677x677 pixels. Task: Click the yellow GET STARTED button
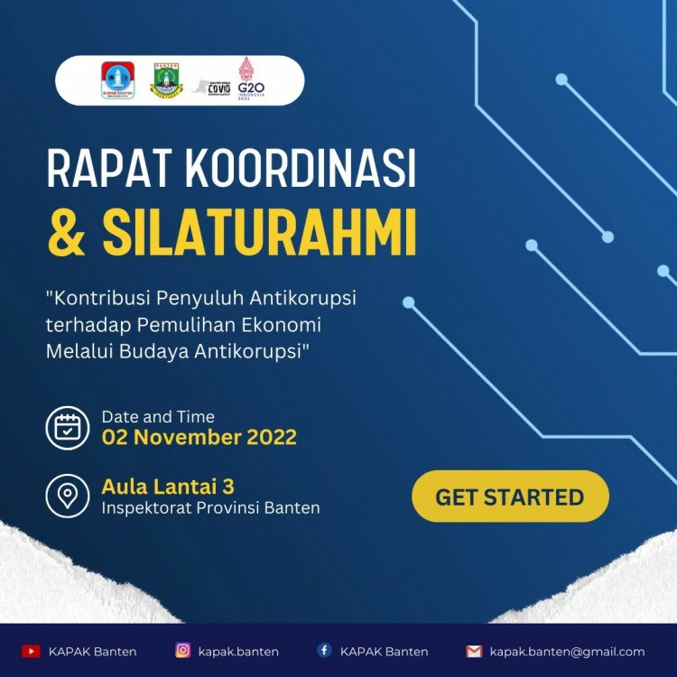point(510,496)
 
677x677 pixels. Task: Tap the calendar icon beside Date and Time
point(68,427)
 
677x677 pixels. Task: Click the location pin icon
point(68,496)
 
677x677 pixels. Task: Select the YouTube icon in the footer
point(31,651)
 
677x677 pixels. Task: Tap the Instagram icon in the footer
point(182,651)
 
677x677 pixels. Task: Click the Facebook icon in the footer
point(323,651)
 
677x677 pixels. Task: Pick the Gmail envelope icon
point(474,651)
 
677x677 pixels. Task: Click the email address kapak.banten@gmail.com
point(567,651)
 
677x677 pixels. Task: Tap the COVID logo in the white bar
point(214,87)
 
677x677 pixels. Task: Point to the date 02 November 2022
point(199,439)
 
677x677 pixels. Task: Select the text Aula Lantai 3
point(169,487)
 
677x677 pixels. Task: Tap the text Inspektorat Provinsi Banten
point(210,508)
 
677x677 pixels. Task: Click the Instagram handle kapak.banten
point(239,651)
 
